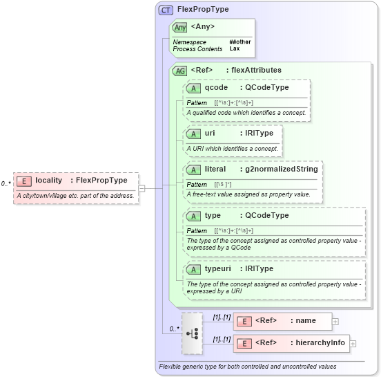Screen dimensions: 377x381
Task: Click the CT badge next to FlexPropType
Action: (x=166, y=10)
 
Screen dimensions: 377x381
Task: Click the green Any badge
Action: (x=180, y=27)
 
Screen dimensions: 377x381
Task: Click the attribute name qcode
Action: (x=216, y=88)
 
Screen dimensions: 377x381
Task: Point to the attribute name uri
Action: (x=210, y=134)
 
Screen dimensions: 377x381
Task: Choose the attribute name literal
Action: (x=215, y=169)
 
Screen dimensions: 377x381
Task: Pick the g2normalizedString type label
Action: (x=278, y=169)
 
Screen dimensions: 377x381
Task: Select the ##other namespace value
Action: (x=240, y=42)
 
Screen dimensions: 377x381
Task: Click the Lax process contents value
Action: (x=234, y=49)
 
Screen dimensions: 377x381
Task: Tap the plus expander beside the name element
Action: (x=335, y=321)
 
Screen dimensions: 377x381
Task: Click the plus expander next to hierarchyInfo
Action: (x=353, y=343)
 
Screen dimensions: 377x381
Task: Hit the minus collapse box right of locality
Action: (x=141, y=187)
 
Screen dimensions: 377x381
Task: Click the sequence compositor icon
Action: (x=193, y=333)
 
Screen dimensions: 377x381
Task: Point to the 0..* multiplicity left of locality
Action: (x=6, y=183)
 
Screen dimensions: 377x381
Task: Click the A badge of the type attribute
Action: (x=194, y=216)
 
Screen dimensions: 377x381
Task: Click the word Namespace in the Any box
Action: (x=189, y=42)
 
